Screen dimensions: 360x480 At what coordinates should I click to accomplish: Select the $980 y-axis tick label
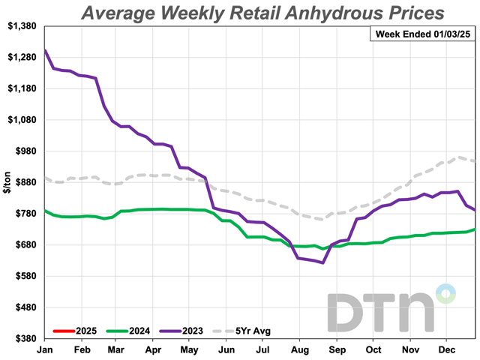(x=24, y=151)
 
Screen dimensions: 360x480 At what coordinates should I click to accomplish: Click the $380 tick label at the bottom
(x=24, y=338)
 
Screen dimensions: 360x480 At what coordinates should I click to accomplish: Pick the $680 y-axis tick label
(x=24, y=244)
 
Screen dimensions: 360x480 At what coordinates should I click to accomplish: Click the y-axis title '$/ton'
(x=7, y=182)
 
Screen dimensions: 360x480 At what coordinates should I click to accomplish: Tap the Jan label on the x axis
(x=45, y=349)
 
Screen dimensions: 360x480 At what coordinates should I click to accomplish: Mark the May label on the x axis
(x=190, y=349)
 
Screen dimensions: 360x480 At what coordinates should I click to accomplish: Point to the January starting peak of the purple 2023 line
(x=46, y=51)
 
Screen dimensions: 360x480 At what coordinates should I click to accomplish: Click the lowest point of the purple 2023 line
(x=322, y=262)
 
